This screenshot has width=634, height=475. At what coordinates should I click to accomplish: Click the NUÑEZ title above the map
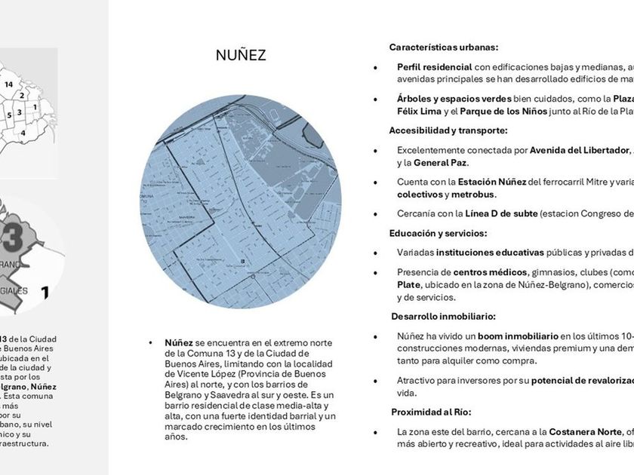click(x=241, y=55)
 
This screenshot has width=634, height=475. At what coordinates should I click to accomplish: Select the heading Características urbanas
click(x=444, y=47)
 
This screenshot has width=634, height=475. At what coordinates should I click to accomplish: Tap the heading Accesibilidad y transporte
click(x=448, y=130)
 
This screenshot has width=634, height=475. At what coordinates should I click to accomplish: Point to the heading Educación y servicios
click(x=439, y=233)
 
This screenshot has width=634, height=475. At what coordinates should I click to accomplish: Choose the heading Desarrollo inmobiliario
click(x=444, y=317)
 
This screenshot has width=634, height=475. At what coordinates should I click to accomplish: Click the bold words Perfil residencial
click(x=435, y=67)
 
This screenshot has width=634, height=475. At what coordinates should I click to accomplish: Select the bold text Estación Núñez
click(x=492, y=182)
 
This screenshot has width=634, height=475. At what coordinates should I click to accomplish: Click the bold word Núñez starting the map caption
click(x=179, y=342)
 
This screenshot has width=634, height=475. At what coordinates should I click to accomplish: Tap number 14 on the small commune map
click(x=8, y=84)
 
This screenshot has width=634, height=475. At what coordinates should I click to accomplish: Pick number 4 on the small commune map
click(x=23, y=133)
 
